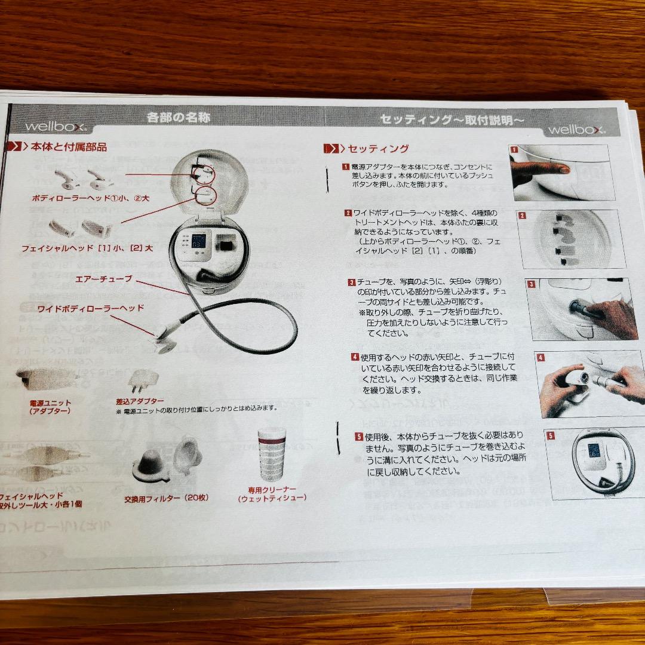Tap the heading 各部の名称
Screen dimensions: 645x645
pyautogui.click(x=179, y=118)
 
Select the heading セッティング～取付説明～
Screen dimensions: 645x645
pyautogui.click(x=451, y=120)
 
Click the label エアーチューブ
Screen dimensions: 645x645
pyautogui.click(x=104, y=279)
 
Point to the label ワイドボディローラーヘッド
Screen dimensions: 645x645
pyautogui.click(x=91, y=308)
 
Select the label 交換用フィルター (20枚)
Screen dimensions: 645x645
pyautogui.click(x=166, y=497)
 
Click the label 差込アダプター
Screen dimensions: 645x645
pyautogui.click(x=140, y=401)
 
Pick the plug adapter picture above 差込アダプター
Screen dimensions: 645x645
pyautogui.click(x=144, y=379)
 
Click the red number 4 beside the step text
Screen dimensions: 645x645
pyautogui.click(x=355, y=357)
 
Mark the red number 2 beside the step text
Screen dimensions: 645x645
pyautogui.click(x=348, y=213)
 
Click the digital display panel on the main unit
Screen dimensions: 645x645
pyautogui.click(x=197, y=241)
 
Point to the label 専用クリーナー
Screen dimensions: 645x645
pyautogui.click(x=272, y=489)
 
